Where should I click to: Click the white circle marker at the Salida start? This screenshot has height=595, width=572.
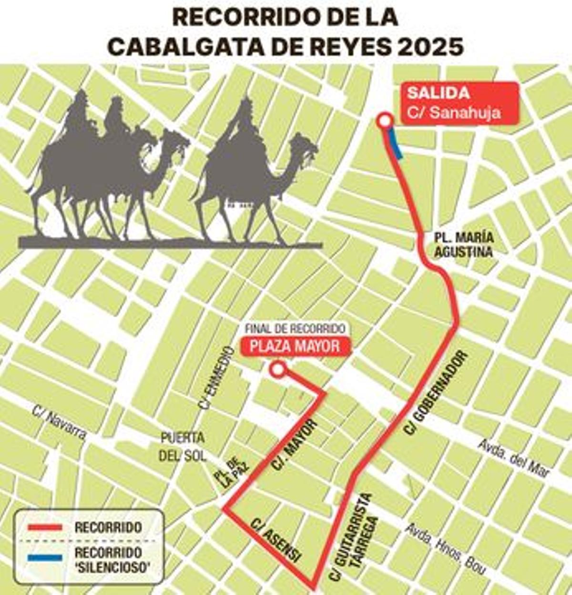click(384, 121)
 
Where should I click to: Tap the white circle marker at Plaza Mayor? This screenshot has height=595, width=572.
click(278, 369)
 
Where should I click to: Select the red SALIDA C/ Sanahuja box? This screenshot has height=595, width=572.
click(460, 103)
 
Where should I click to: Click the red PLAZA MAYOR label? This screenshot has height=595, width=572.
click(296, 346)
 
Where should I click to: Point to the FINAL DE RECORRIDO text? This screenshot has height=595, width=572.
click(295, 329)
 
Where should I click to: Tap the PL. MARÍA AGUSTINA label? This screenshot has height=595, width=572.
click(463, 245)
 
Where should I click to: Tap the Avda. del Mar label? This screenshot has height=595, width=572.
click(514, 457)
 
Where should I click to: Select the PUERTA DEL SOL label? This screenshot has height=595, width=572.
click(183, 446)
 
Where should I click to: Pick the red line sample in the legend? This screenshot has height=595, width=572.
click(45, 527)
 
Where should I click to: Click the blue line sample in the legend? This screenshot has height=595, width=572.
click(45, 557)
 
